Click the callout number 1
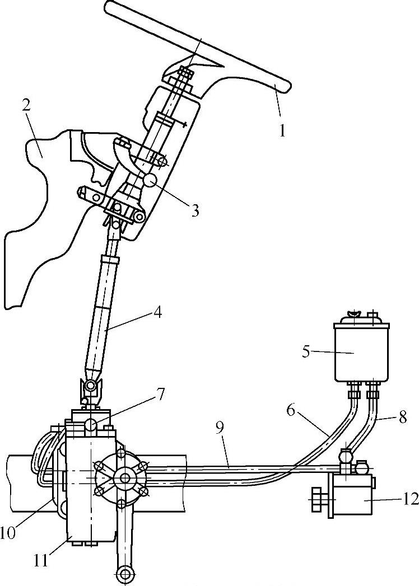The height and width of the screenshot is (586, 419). (x=282, y=131)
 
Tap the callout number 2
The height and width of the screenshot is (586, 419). (x=26, y=106)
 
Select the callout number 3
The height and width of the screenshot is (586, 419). (x=195, y=210)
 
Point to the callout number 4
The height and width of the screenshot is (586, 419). (x=158, y=312)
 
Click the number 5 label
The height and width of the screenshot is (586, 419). (x=306, y=352)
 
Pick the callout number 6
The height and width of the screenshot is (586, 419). (x=291, y=410)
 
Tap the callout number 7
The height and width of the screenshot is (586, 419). (x=160, y=395)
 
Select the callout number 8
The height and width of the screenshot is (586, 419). (x=403, y=418)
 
